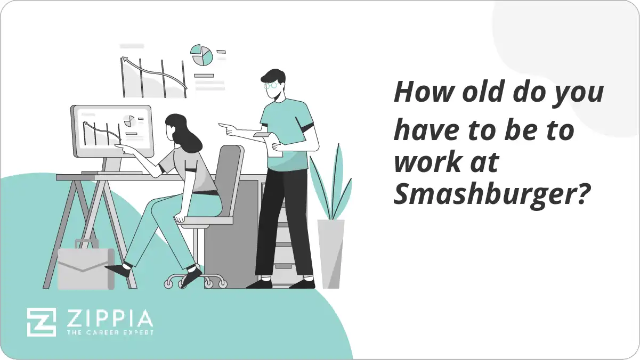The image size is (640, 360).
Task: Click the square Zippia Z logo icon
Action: coord(42,322)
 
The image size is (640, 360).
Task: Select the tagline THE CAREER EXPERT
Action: coord(109,332)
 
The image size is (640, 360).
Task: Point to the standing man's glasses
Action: coord(270,85)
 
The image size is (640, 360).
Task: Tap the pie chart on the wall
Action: coord(202,55)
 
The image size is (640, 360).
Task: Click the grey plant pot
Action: coord(331,253)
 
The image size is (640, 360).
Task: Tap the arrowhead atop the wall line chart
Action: coord(125,60)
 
